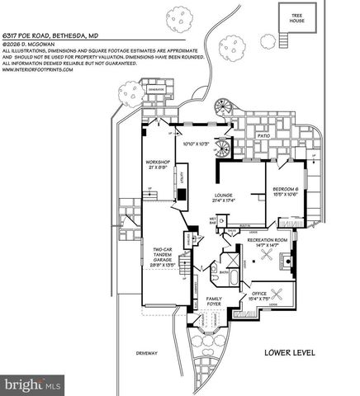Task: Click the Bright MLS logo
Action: point(32,384)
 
